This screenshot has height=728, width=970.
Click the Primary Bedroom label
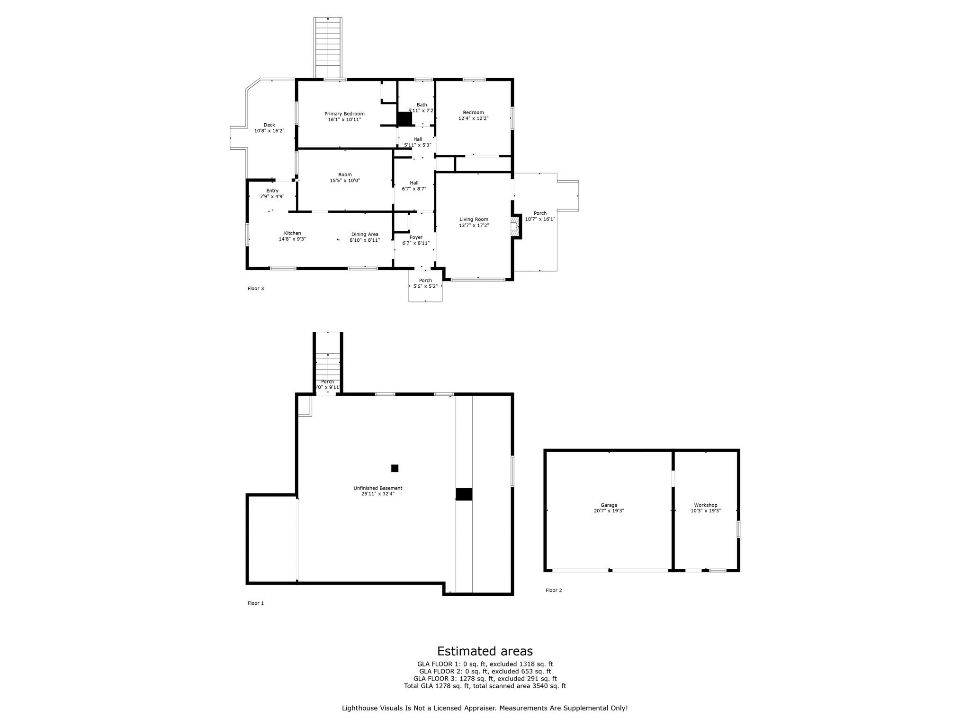coord(344,114)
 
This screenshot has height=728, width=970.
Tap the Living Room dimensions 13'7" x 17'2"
coord(474,226)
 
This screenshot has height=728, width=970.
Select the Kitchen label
coord(292,233)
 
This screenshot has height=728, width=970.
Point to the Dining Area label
coord(365,234)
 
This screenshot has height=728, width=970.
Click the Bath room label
coord(422,105)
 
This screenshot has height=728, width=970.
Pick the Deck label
coord(269,125)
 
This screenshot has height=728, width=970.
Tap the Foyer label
coord(416,237)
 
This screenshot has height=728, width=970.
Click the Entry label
coord(272,191)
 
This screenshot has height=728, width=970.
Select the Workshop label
coord(705,505)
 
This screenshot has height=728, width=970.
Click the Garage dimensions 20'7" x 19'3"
coord(609,511)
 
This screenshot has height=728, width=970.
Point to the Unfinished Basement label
coord(377,488)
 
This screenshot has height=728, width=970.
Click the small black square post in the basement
coord(395,468)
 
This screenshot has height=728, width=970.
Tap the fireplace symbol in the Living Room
coord(514,226)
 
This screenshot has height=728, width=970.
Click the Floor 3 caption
coord(256,288)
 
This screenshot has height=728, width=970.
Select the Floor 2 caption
coord(554,591)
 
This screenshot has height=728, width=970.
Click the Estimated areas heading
coord(485,651)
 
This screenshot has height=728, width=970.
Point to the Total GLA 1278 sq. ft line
coord(485,686)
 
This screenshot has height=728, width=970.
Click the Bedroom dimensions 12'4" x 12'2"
coord(473,118)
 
